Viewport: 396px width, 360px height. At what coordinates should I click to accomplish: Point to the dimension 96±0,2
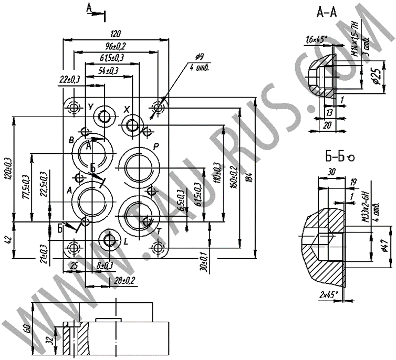[112, 46]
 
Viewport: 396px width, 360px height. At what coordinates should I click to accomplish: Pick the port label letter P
[155, 146]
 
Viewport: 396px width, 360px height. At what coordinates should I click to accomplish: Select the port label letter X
[127, 110]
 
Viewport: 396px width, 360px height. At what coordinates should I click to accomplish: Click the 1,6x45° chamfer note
[316, 38]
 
